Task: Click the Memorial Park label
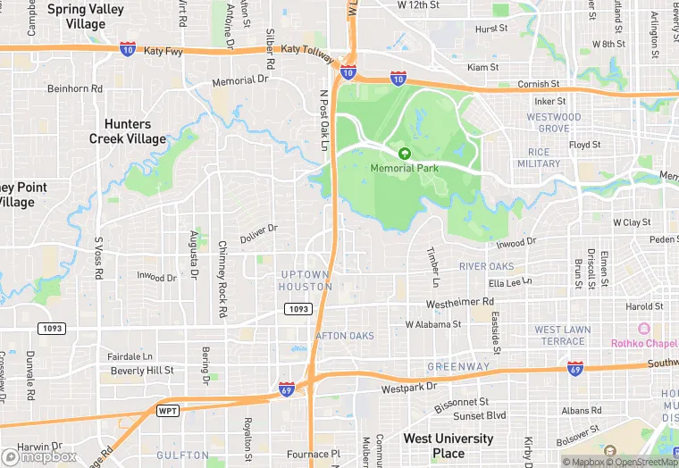click(x=405, y=168)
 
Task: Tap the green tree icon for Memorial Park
click(x=405, y=154)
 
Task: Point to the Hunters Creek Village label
click(x=128, y=131)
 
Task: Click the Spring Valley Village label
click(x=86, y=17)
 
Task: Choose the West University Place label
click(x=448, y=446)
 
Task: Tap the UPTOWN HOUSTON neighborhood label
click(x=305, y=280)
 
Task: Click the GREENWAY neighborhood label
click(x=458, y=366)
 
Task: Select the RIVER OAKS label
click(x=487, y=266)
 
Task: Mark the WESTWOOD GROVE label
click(x=554, y=122)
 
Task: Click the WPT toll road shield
click(x=167, y=411)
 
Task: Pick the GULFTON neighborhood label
click(x=183, y=455)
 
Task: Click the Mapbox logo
click(x=39, y=456)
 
